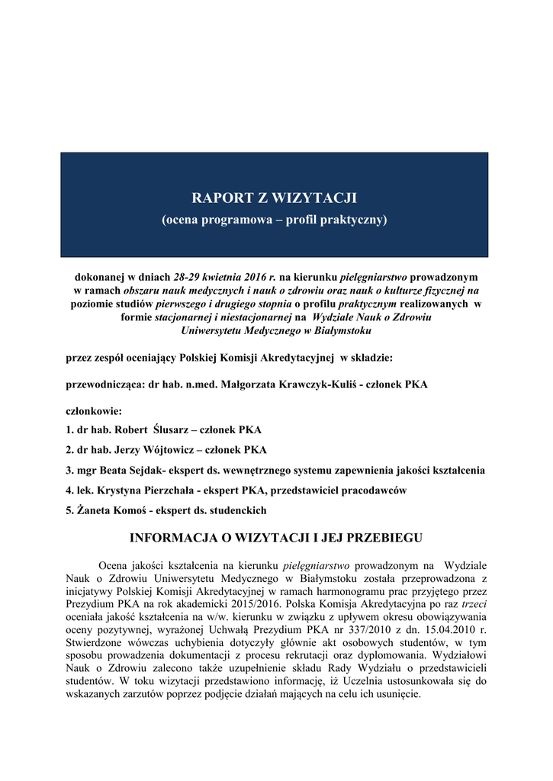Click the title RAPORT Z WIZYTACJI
point(274,198)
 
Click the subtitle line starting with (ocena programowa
point(274,220)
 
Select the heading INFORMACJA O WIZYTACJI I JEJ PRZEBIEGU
point(276,538)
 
